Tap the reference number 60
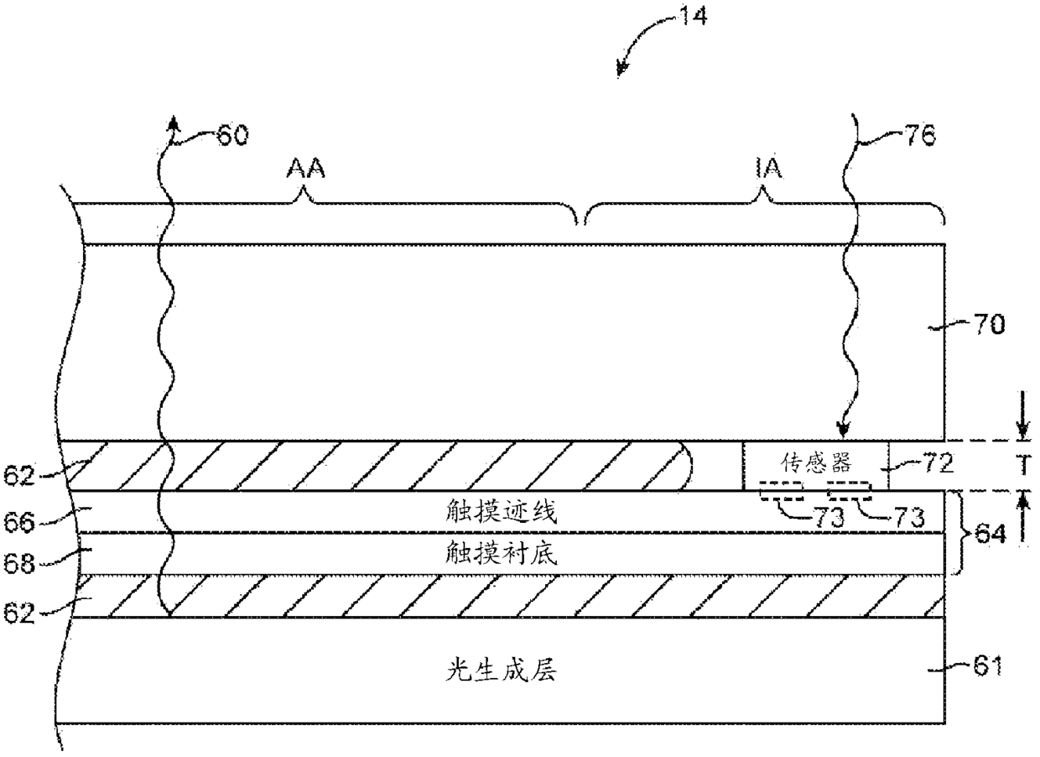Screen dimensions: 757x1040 pyautogui.click(x=232, y=134)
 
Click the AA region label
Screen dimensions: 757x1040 pyautogui.click(x=305, y=170)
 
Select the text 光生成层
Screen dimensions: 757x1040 pyautogui.click(x=501, y=671)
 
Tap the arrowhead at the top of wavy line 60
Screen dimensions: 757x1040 pyautogui.click(x=174, y=123)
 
